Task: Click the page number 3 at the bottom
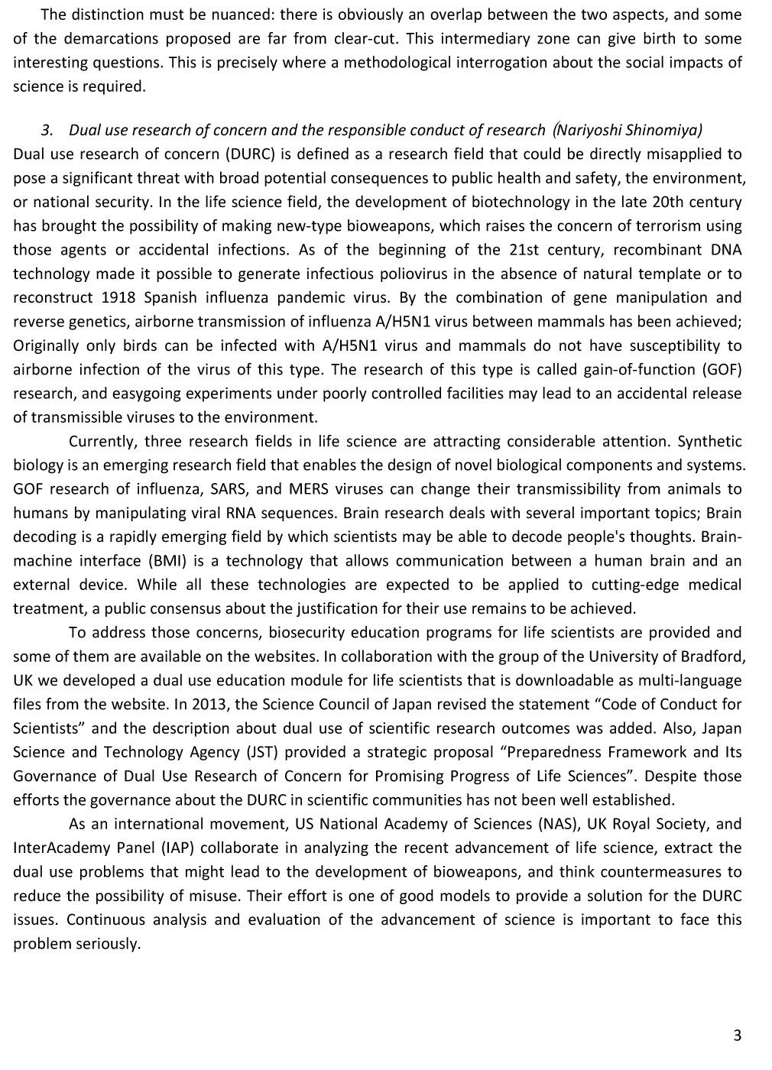click(737, 1036)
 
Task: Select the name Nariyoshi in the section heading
click(589, 130)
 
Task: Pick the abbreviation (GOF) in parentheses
click(720, 369)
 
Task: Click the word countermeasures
click(663, 872)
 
